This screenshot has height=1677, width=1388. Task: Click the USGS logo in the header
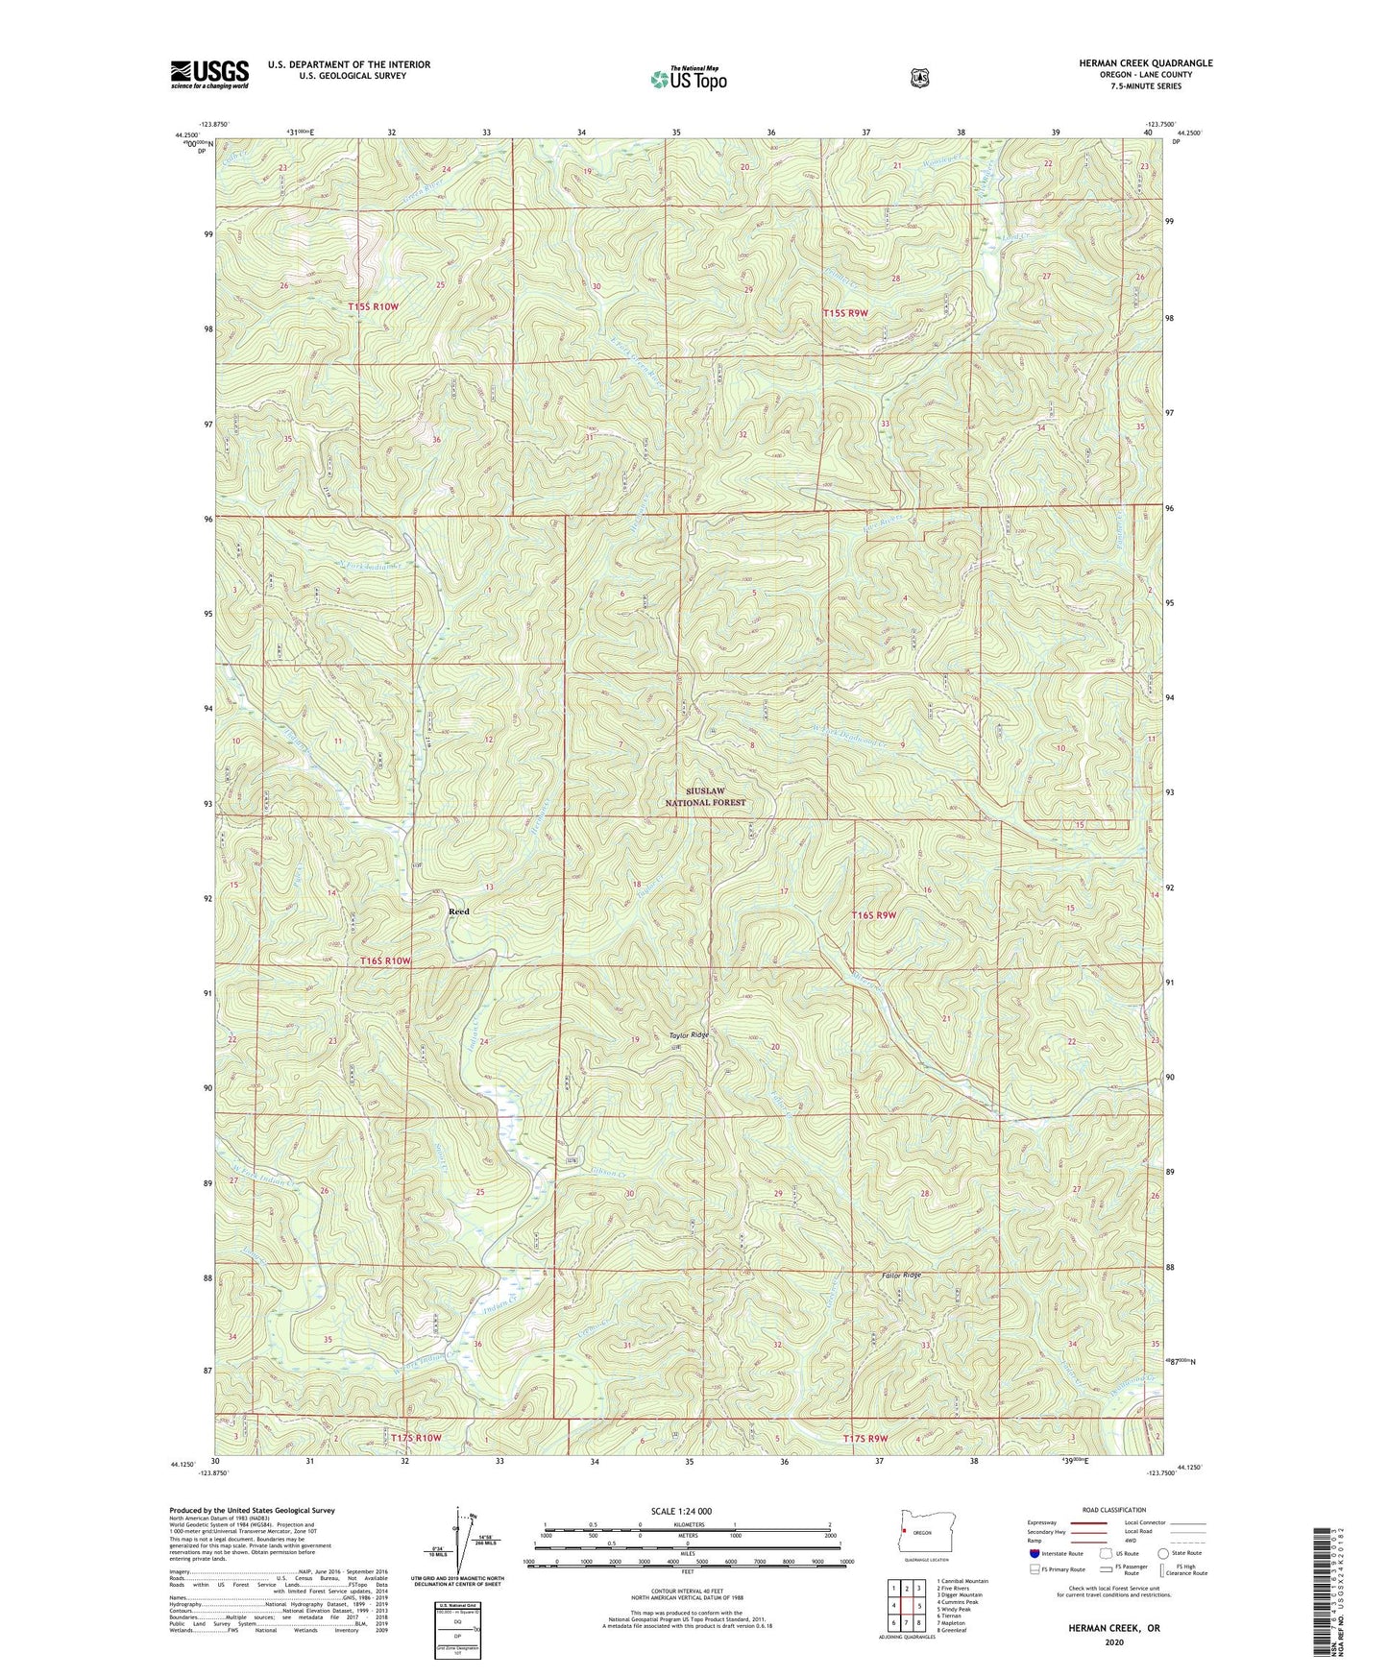coord(209,74)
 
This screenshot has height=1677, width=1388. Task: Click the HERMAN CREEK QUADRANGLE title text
coord(1145,63)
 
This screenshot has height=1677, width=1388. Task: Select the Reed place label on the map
coord(459,911)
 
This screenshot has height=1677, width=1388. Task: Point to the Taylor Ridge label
coord(690,1035)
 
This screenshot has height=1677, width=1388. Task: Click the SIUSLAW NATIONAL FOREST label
coord(705,796)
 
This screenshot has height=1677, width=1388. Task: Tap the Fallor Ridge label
coord(901,1276)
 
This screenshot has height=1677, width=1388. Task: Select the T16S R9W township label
coord(873,915)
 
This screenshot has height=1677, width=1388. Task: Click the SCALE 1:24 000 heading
coord(681,1511)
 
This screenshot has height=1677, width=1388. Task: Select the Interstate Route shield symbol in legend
coord(1034,1553)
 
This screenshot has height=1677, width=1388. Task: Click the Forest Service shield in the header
coord(919,78)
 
